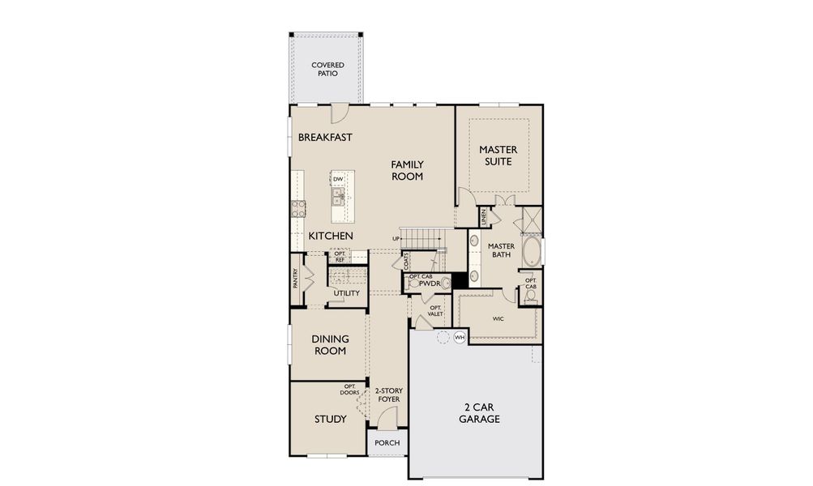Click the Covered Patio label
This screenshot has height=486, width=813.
point(327,69)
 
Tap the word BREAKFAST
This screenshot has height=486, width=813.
point(325,138)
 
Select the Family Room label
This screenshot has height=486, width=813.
point(407,170)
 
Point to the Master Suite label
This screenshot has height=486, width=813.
point(498,156)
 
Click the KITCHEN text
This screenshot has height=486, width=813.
point(330,236)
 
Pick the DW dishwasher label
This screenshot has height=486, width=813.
point(337,180)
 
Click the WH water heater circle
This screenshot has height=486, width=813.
point(460,337)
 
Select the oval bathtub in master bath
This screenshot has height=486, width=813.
point(531,252)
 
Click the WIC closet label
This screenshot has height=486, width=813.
point(498,319)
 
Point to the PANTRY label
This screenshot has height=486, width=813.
point(297,278)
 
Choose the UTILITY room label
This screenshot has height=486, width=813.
point(346,293)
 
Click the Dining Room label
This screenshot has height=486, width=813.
point(330,345)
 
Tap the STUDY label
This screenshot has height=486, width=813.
point(331,420)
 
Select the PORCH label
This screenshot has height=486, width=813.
point(387,443)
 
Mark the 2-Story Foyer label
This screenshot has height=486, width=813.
point(388,395)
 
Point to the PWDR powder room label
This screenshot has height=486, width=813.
point(430,284)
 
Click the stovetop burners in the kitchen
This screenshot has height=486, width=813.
point(298,208)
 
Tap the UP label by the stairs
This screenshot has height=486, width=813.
point(396,238)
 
